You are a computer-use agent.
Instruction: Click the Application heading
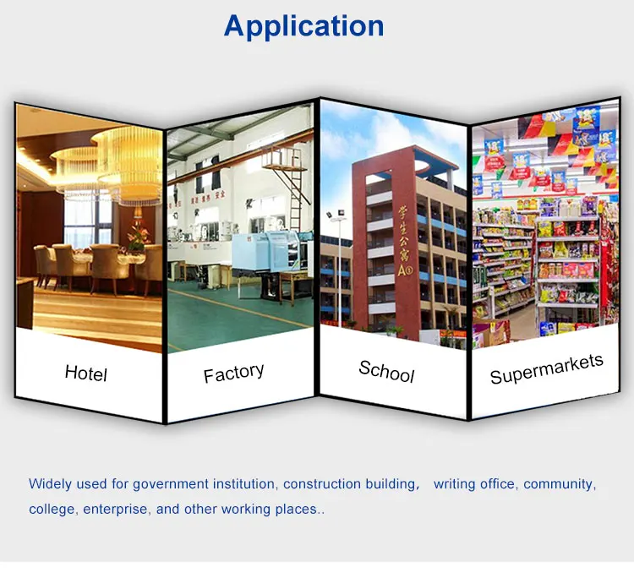(x=303, y=27)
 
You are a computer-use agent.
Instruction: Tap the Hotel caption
(x=86, y=373)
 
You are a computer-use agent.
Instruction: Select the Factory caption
(x=233, y=373)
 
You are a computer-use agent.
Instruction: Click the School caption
(x=386, y=372)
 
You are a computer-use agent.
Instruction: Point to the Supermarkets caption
(x=547, y=369)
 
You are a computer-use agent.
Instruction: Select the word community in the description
(x=560, y=484)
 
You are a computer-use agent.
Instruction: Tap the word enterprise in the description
(x=115, y=509)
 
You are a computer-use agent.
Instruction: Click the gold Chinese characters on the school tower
(x=404, y=242)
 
